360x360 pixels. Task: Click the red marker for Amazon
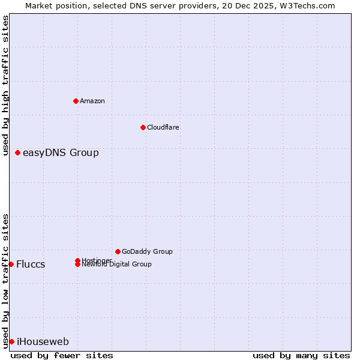pos(76,101)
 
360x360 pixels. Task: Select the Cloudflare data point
pos(143,127)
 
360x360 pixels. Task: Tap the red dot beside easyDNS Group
pos(18,153)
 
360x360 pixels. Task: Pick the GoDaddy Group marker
pos(118,251)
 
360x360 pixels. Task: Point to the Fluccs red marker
pos(11,264)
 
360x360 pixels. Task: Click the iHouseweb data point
pos(11,341)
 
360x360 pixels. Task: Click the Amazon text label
pos(92,101)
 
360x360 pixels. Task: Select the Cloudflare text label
pos(163,127)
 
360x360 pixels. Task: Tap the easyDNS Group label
pos(61,153)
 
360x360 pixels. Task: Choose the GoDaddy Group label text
pos(147,251)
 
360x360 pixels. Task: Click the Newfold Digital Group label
pos(116,265)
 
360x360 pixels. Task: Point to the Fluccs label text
pos(31,265)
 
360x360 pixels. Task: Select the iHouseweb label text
pos(43,342)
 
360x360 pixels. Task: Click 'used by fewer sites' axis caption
pos(62,355)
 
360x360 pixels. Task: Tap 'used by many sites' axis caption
pos(301,355)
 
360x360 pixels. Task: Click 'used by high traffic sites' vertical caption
pos(5,85)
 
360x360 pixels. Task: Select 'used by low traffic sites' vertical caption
pos(5,281)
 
